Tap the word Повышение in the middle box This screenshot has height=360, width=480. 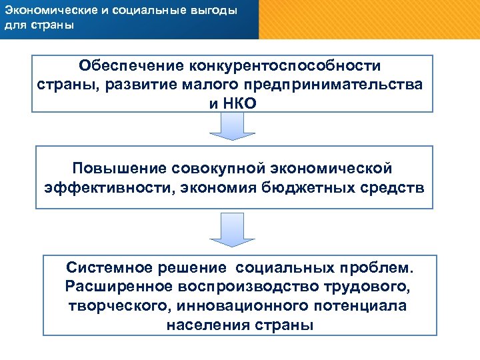coord(119,165)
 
